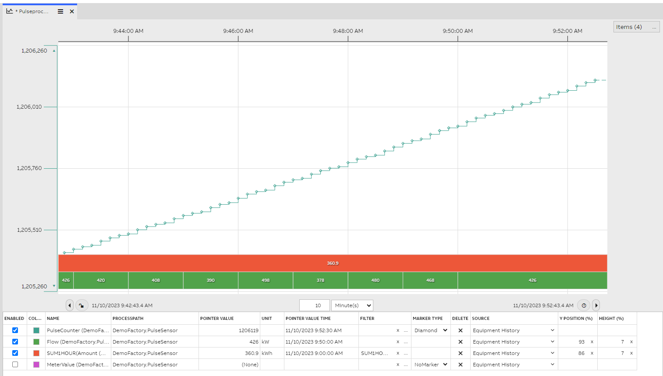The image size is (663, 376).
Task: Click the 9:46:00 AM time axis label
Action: click(x=238, y=31)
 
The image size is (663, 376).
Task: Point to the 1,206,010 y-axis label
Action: click(x=29, y=107)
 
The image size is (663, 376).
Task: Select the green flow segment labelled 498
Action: click(x=266, y=280)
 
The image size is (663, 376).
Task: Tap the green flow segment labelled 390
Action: click(x=211, y=280)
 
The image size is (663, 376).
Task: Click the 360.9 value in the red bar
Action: click(x=333, y=263)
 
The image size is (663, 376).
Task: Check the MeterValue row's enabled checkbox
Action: click(x=15, y=365)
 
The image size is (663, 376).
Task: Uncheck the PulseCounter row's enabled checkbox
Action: click(x=15, y=330)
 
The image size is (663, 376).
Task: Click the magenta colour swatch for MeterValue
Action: click(x=36, y=365)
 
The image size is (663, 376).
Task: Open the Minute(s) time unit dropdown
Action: click(x=352, y=305)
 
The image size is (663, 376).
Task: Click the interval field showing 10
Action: click(x=315, y=305)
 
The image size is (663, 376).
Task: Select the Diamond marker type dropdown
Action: click(x=431, y=330)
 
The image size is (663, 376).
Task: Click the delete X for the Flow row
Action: click(x=460, y=342)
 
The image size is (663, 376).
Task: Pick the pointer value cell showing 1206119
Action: click(x=248, y=330)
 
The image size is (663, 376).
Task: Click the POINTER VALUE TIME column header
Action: click(x=308, y=319)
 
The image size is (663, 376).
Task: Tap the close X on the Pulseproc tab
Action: click(x=72, y=11)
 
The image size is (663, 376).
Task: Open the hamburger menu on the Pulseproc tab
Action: click(x=60, y=11)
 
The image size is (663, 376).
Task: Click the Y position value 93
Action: click(x=581, y=342)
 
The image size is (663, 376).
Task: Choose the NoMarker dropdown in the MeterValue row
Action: click(x=431, y=365)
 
